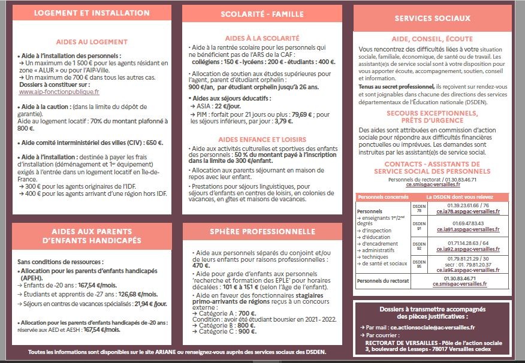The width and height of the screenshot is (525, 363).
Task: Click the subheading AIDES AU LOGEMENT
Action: click(92, 42)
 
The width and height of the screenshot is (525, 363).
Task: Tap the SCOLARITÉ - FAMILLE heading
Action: click(262, 13)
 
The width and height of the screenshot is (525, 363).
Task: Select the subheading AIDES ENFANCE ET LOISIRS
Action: click(262, 138)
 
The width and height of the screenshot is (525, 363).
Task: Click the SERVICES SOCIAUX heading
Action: click(432, 19)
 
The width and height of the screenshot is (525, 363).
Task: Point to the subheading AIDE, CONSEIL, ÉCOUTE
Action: click(432, 38)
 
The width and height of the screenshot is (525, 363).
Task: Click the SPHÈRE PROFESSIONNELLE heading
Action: click(262, 231)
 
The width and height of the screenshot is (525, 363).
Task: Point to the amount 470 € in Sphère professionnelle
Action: click(201, 265)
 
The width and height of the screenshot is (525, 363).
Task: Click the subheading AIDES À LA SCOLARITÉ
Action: click(262, 37)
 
